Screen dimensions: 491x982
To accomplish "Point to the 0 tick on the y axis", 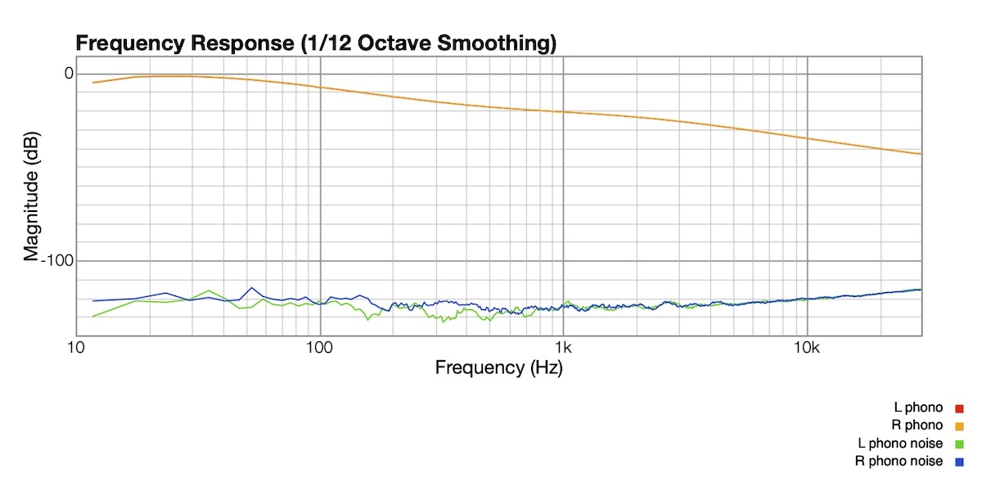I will point(69,74).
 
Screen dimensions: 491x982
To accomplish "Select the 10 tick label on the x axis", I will point(76,348).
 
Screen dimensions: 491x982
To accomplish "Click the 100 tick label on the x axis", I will point(319,348).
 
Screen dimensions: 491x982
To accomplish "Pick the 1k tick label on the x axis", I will point(563,348).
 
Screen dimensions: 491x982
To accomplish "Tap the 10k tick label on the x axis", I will point(807,348).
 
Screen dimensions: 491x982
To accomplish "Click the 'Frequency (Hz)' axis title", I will point(498,367).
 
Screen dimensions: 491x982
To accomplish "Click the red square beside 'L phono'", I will point(960,408).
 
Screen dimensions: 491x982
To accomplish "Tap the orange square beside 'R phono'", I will point(960,426).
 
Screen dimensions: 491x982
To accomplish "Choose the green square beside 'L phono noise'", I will point(960,444).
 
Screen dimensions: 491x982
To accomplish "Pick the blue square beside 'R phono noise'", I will point(960,462).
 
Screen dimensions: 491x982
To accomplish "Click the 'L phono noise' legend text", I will point(900,444).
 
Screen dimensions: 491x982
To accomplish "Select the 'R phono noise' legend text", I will point(899,462).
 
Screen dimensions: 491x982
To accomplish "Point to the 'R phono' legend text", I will point(917,426).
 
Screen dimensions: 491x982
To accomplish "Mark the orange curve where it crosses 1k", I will point(563,111).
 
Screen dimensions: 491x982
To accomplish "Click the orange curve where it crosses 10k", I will point(807,138).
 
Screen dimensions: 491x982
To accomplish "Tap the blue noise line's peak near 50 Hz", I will point(251,288).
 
